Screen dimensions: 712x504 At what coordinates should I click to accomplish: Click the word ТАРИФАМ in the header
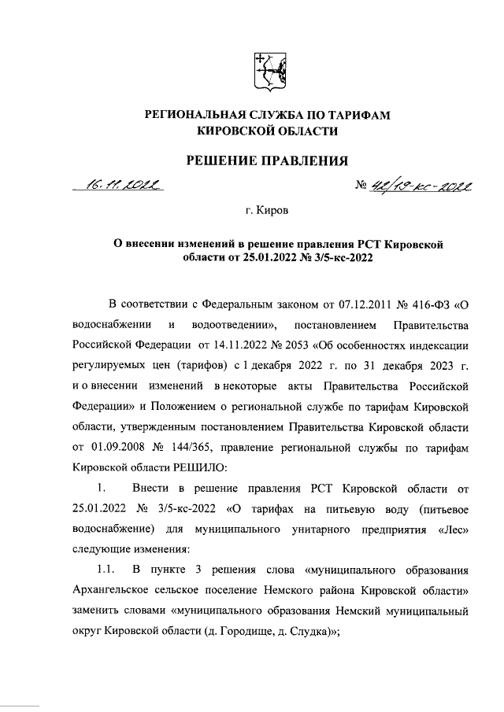(353, 115)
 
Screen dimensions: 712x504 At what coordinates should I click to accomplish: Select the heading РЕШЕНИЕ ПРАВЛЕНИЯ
(266, 162)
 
